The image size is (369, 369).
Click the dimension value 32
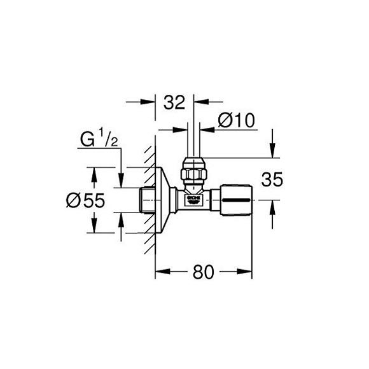(175, 102)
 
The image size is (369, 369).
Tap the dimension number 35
(272, 179)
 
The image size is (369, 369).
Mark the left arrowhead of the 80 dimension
(160, 273)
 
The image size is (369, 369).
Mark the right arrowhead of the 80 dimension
(247, 273)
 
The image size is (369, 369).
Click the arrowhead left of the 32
(152, 101)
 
